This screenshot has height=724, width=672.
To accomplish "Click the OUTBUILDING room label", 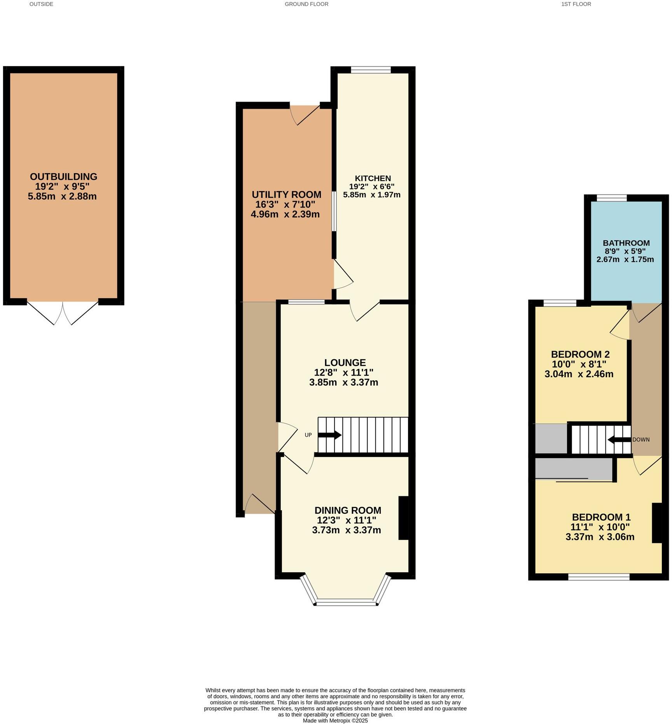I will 63,176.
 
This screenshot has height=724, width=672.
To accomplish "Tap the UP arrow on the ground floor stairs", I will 329,435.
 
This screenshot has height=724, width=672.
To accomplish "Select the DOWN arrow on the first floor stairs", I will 619,440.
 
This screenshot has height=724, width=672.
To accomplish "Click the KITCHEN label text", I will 373,178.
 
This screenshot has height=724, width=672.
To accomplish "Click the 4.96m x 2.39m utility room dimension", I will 285,214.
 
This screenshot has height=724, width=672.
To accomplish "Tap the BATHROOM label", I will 626,243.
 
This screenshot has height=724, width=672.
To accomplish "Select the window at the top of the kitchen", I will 371,70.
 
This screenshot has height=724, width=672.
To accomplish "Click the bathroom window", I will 611,198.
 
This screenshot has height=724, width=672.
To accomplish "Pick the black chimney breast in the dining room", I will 404,518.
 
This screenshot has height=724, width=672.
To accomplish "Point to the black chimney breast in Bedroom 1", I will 656,523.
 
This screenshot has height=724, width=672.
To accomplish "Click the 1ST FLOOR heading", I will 576,4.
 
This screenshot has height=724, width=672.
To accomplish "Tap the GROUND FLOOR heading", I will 306,4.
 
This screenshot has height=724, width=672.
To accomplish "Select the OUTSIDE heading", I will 41,4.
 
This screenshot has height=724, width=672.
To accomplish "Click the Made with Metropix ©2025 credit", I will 335,720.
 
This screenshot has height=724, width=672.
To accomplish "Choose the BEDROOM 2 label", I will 580,354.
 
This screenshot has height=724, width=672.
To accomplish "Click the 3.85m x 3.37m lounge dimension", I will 343,382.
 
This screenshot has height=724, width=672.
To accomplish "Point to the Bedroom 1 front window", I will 598,577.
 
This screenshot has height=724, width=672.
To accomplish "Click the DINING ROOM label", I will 348,510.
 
